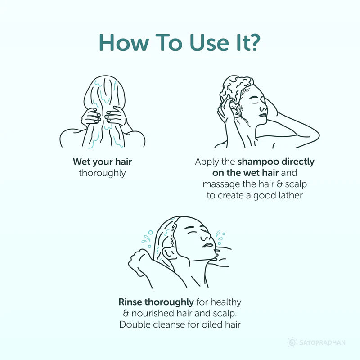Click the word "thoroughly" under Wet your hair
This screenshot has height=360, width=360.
pos(102,173)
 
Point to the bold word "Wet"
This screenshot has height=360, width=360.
pos(81,162)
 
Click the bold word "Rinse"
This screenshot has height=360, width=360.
pos(130,302)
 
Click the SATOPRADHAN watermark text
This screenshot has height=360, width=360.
pos(322,343)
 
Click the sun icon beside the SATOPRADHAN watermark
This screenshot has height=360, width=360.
pos(292,342)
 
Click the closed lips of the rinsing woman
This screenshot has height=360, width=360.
pos(208,245)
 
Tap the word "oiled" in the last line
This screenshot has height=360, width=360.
pos(212,324)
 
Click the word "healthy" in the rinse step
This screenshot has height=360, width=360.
pos(226,302)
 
